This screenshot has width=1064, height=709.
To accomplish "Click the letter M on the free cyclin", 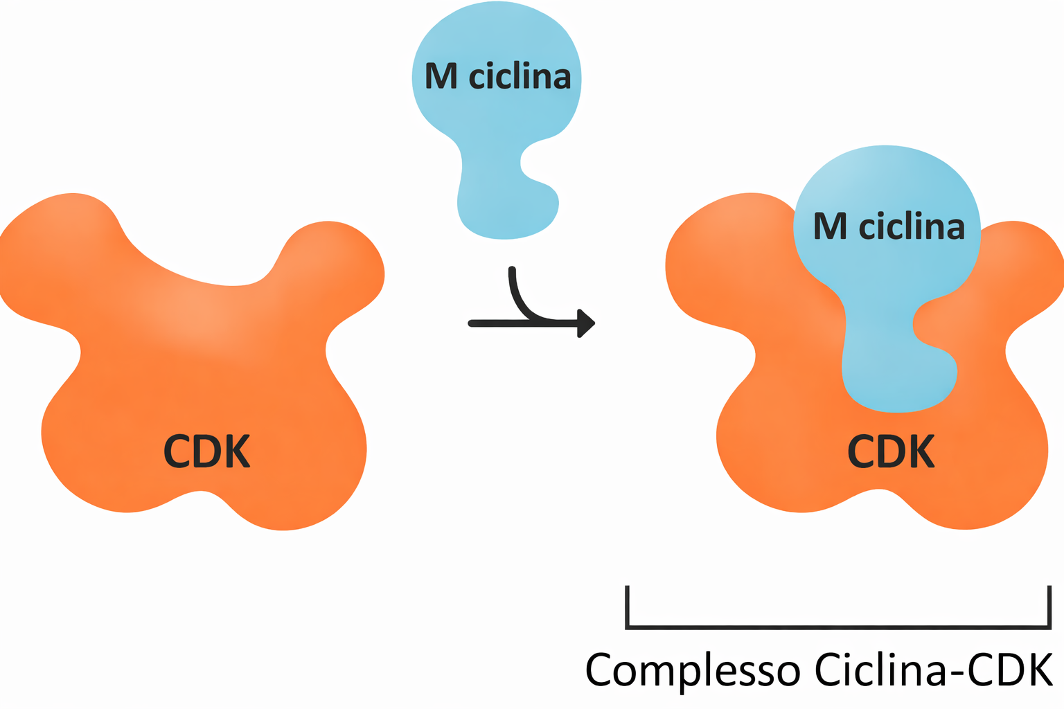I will (x=441, y=76).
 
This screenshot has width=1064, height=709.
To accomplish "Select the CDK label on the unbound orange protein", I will (x=206, y=451).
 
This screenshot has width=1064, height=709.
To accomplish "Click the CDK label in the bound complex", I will (x=891, y=451).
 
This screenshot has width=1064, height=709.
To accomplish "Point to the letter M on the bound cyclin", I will (x=830, y=226).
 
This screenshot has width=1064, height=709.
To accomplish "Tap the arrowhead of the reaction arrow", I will (x=586, y=323).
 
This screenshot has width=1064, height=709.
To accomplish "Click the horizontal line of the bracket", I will (x=838, y=627).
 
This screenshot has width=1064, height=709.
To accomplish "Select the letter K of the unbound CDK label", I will (x=240, y=451).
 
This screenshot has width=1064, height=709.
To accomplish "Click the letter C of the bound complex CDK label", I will (x=862, y=451).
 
